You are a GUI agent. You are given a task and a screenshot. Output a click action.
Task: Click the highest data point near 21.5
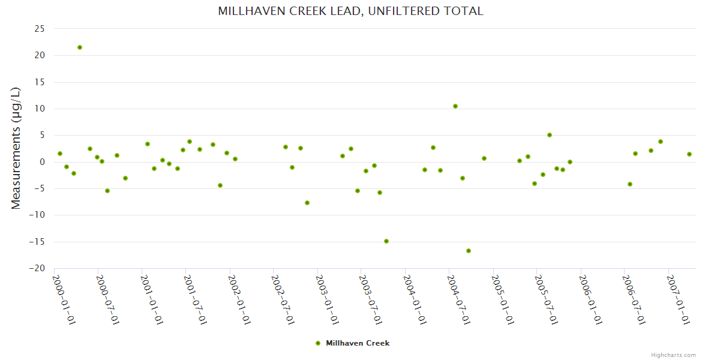point(79,47)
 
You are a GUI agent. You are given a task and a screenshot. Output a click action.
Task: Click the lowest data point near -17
point(469,251)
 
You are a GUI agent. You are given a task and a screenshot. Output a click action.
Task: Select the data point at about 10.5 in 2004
point(455,106)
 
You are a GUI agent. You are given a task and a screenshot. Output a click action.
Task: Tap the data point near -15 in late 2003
point(386,241)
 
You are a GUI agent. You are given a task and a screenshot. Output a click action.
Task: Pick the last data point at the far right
point(689,154)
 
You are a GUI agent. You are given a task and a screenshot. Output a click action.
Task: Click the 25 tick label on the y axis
point(40,29)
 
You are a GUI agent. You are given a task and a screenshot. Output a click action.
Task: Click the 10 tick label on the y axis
point(40,109)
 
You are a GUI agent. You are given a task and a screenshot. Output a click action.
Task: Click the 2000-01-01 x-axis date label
point(64,300)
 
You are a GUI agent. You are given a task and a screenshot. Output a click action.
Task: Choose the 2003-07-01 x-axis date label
point(371,300)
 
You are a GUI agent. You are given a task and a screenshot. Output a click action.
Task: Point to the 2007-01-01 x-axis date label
point(678,300)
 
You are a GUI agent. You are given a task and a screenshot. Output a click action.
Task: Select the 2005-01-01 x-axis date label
point(503,300)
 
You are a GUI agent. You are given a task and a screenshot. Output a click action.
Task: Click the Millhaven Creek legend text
point(358,343)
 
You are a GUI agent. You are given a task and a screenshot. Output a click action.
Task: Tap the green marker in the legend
point(318,343)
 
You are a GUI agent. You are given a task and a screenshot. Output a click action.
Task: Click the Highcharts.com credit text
point(673,355)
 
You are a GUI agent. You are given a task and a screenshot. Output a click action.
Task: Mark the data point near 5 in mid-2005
point(550,135)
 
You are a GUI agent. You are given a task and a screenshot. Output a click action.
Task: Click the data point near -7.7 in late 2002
point(307,203)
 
